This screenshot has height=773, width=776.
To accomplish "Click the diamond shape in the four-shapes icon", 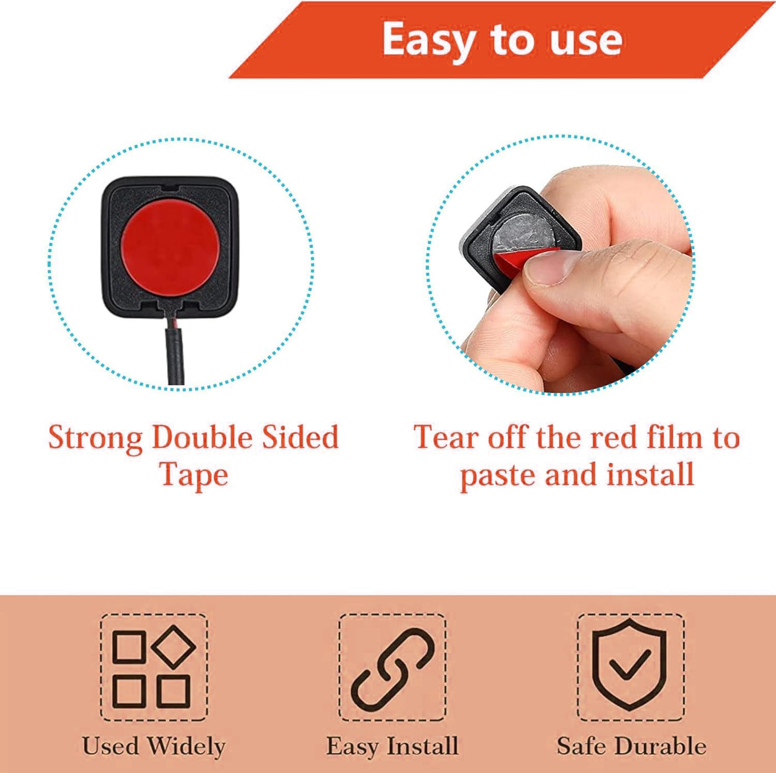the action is [173, 647].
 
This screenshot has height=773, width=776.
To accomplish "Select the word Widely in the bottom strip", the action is [186, 747].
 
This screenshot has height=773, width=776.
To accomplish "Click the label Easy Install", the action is [392, 747].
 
